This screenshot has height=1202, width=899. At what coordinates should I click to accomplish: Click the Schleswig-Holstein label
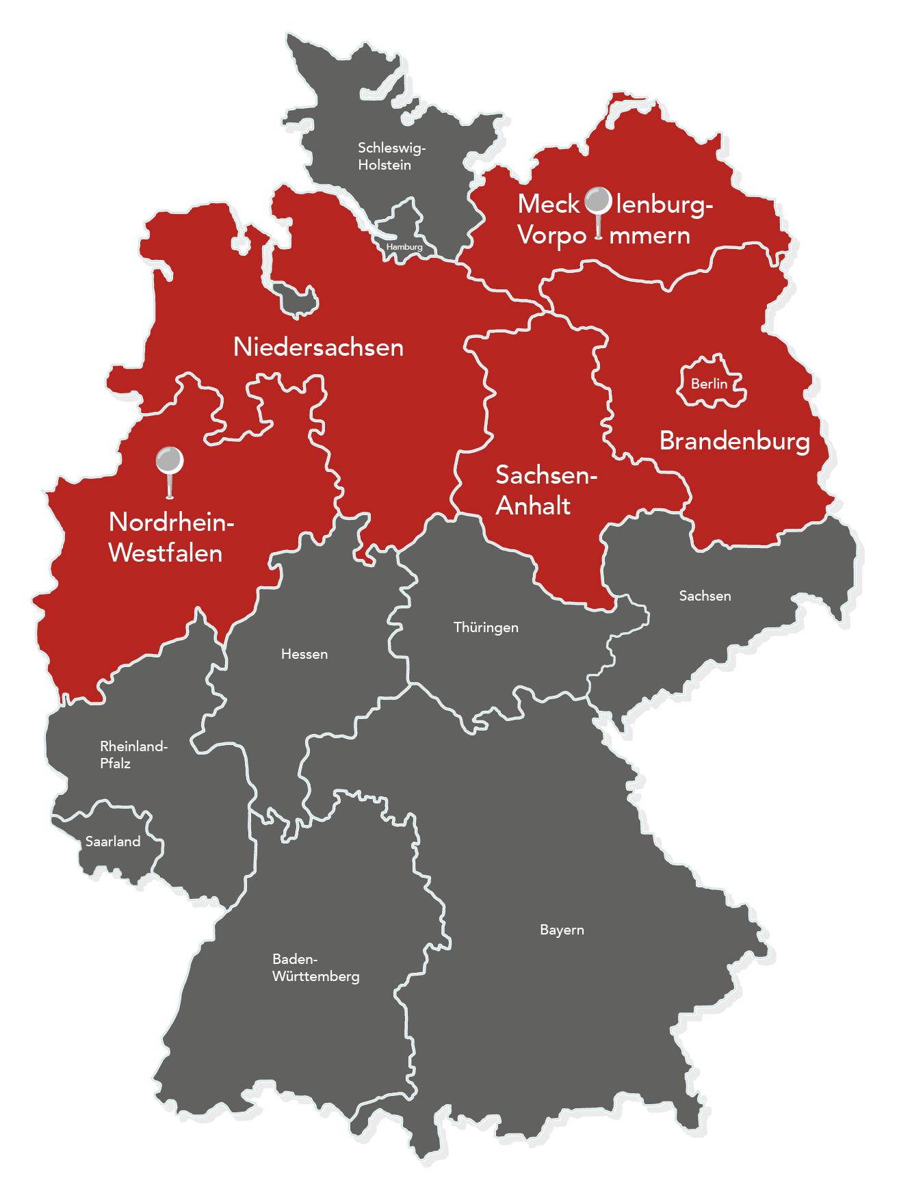click(391, 156)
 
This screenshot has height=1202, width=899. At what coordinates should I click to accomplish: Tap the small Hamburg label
click(404, 246)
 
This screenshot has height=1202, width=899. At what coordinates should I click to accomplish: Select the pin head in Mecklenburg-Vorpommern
click(599, 200)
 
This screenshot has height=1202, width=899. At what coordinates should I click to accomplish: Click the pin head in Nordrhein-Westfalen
click(169, 460)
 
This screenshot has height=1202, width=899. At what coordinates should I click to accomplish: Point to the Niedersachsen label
click(318, 347)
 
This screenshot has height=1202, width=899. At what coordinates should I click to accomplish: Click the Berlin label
click(709, 384)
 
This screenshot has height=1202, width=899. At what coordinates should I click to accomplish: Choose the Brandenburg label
click(734, 441)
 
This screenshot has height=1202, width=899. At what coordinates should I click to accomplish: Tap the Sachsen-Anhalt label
click(545, 490)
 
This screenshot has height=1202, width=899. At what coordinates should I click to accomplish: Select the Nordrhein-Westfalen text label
click(170, 537)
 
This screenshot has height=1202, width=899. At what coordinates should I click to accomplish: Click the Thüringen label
click(486, 627)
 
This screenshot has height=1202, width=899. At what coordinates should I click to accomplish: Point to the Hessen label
click(304, 654)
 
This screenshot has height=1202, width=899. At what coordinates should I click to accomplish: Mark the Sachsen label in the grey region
click(705, 596)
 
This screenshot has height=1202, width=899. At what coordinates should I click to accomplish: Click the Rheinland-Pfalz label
click(133, 755)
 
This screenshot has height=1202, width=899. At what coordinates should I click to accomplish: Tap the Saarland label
click(113, 841)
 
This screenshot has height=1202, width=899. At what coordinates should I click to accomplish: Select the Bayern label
click(562, 930)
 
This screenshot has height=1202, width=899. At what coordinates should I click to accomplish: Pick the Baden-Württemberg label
click(315, 967)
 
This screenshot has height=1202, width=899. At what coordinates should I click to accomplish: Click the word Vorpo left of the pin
click(551, 235)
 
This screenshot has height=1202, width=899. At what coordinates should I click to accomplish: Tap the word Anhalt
click(533, 506)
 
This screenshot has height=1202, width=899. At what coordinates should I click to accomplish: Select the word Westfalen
click(166, 553)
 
